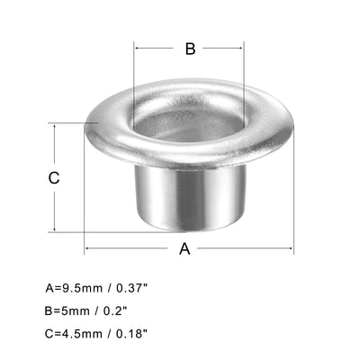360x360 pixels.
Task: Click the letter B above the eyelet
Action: point(190,49)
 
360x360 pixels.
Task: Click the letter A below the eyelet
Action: point(184,249)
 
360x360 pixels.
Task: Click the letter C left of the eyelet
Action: point(54,177)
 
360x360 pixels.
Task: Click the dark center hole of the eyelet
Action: point(190,118)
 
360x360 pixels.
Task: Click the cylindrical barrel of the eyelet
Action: point(190,193)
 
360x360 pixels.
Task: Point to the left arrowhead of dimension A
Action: point(88,249)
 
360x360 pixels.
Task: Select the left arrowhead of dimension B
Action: point(138,49)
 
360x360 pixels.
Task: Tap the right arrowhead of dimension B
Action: point(242,49)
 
